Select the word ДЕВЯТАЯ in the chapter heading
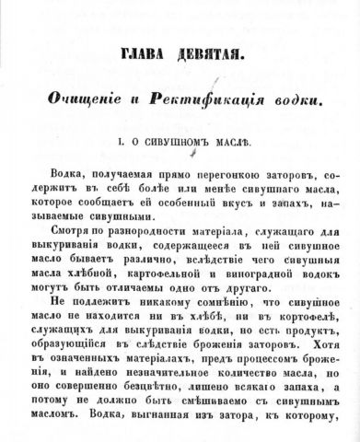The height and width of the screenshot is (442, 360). click(207, 56)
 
